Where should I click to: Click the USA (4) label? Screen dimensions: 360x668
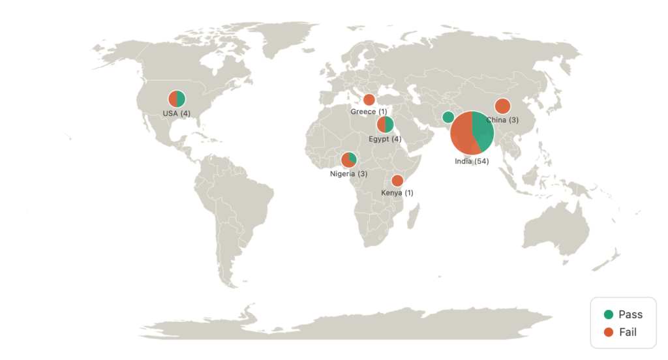(176, 113)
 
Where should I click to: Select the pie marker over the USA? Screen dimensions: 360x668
(177, 99)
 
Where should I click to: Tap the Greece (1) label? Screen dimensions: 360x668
(369, 112)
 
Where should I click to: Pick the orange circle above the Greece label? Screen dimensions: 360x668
(369, 100)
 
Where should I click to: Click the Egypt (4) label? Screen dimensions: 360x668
(384, 139)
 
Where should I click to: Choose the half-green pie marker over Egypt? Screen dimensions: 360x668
(385, 125)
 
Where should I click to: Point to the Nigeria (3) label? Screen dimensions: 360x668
(348, 174)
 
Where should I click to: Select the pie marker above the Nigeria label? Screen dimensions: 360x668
(349, 159)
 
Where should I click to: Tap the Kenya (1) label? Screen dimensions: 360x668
(397, 192)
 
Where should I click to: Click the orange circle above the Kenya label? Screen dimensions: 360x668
(397, 181)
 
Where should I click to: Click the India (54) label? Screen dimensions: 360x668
(472, 161)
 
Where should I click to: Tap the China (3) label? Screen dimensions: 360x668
(502, 121)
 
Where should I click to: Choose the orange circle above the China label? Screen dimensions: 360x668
(502, 106)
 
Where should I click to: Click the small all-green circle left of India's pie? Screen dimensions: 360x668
(448, 117)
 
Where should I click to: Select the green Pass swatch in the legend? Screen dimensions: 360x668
(608, 314)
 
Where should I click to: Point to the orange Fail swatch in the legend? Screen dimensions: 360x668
(608, 333)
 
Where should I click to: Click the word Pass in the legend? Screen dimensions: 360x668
(630, 314)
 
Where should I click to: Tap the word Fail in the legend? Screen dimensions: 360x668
(628, 333)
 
